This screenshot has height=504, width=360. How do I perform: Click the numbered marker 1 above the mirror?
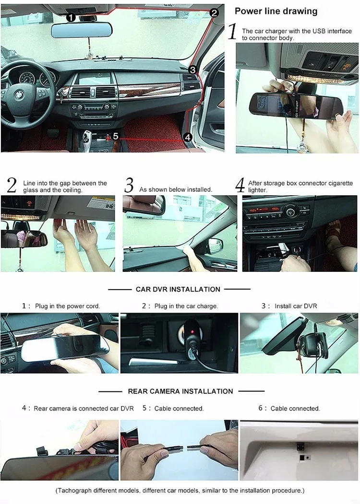pyautogui.click(x=71, y=17)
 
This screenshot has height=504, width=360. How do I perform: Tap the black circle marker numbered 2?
pyautogui.click(x=214, y=13)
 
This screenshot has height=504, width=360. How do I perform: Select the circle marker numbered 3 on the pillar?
pyautogui.click(x=192, y=70)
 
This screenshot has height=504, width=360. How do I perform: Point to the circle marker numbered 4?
pyautogui.click(x=188, y=137)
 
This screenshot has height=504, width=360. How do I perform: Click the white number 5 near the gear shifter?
pyautogui.click(x=116, y=136)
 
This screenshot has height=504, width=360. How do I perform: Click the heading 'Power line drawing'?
pyautogui.click(x=276, y=11)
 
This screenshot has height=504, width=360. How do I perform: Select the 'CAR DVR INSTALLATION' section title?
pyautogui.click(x=178, y=289)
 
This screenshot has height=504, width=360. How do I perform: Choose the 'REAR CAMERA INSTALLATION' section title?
pyautogui.click(x=180, y=391)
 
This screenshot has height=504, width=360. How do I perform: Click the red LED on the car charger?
pyautogui.click(x=192, y=332)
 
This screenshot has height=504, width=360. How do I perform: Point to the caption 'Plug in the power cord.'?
pyautogui.click(x=68, y=306)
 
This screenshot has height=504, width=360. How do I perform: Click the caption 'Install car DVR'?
pyautogui.click(x=296, y=306)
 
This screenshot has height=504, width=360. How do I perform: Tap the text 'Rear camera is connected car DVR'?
pyautogui.click(x=84, y=409)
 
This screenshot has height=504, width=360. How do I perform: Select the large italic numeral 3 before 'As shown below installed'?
pyautogui.click(x=129, y=186)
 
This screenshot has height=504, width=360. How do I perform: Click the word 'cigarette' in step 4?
pyautogui.click(x=340, y=183)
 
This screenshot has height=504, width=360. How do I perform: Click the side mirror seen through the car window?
pyautogui.click(x=216, y=246)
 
